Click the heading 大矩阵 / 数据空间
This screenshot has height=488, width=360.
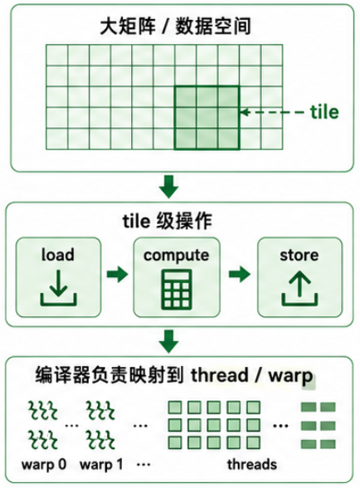click(x=175, y=27)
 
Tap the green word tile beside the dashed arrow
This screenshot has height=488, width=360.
click(x=324, y=112)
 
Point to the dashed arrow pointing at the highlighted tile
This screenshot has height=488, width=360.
click(x=272, y=112)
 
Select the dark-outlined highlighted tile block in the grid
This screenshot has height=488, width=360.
click(x=207, y=118)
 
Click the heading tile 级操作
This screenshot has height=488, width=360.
click(x=168, y=222)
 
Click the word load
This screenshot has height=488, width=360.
click(x=58, y=255)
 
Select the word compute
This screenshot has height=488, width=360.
click(x=177, y=256)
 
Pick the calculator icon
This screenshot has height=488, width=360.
click(x=177, y=290)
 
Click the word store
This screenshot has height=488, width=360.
click(x=299, y=256)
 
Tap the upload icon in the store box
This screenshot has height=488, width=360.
click(x=299, y=290)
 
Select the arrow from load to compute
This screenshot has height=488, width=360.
click(x=117, y=274)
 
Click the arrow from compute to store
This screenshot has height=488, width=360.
click(x=239, y=274)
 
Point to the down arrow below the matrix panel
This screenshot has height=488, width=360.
click(x=168, y=187)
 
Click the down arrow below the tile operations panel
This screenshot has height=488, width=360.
click(x=168, y=341)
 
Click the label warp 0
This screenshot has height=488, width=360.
click(x=44, y=465)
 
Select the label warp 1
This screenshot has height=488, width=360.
click(x=101, y=465)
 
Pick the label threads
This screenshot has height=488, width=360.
click(x=252, y=465)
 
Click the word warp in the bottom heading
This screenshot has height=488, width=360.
click(x=290, y=377)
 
